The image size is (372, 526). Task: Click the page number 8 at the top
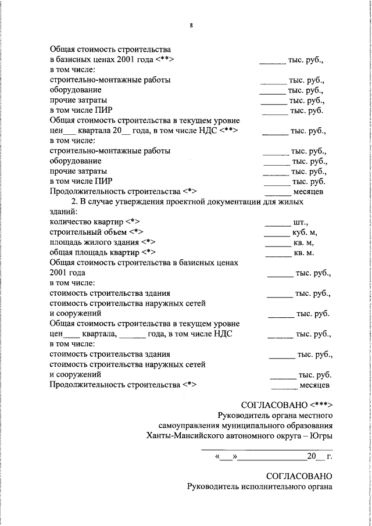pyautogui.click(x=191, y=25)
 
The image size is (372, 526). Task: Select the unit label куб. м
pyautogui.click(x=305, y=232)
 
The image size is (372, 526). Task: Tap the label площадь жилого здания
pyautogui.click(x=95, y=242)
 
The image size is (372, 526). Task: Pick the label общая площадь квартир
pyautogui.click(x=94, y=253)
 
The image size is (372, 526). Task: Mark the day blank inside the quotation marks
pyautogui.click(x=226, y=457)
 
